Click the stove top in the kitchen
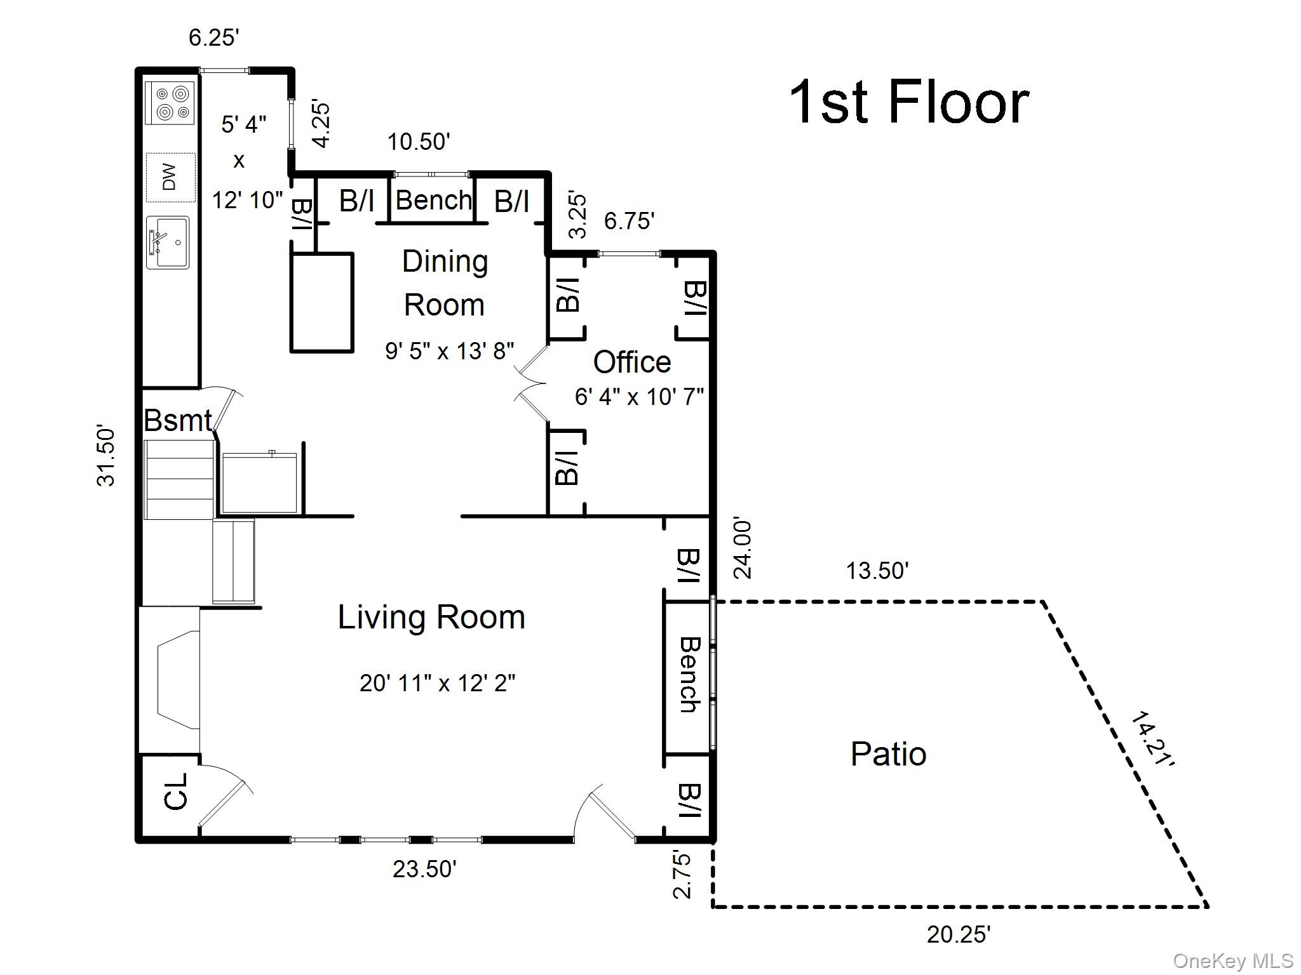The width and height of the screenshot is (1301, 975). point(169,103)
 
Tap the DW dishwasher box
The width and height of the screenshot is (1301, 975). point(170,177)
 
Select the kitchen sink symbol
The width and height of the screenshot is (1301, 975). point(168,242)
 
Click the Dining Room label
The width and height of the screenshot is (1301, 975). point(445,283)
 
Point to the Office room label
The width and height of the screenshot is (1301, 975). point(631,362)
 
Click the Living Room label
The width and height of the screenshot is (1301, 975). point(431,618)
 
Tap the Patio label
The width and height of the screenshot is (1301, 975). point(888,754)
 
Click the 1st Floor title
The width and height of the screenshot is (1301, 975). point(908,103)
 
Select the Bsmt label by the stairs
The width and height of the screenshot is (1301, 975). point(177,420)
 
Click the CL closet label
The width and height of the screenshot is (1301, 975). point(176,791)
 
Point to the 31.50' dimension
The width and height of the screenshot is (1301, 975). point(106,455)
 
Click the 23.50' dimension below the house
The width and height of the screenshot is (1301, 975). point(424,868)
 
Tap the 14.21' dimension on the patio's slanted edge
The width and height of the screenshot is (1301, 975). point(1152,739)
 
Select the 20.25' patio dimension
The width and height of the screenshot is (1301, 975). point(959,934)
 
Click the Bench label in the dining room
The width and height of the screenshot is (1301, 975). point(434,201)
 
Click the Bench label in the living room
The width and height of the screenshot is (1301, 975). point(689,675)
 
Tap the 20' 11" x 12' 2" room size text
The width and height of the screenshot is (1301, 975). point(437,684)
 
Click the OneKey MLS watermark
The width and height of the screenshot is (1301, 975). point(1232,961)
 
